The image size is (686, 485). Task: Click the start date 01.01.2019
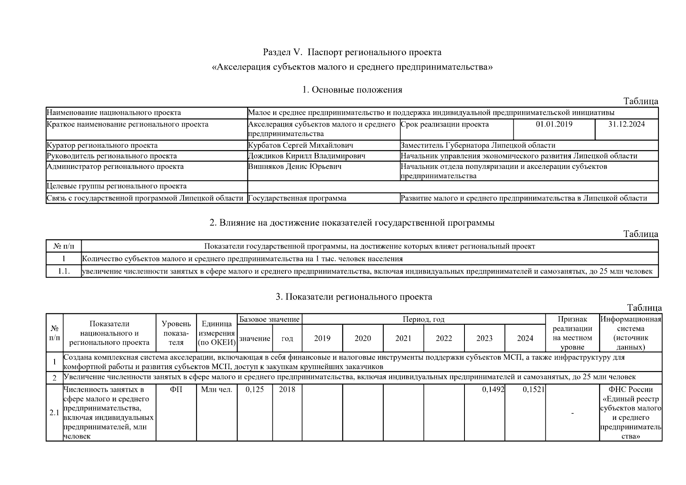(554, 124)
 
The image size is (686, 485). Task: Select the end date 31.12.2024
(626, 124)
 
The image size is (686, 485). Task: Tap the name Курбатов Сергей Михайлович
(300, 145)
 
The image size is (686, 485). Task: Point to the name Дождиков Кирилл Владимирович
(306, 156)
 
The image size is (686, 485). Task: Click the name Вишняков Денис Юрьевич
(294, 167)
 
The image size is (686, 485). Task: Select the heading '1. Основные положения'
(352, 90)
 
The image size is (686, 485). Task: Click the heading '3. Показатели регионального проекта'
(354, 297)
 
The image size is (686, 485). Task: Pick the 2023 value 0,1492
(493, 390)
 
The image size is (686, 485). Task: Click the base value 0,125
(254, 390)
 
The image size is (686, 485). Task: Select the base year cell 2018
(287, 390)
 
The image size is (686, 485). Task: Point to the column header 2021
(403, 339)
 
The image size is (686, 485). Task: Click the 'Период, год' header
(423, 319)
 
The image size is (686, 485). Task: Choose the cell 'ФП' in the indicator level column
(176, 390)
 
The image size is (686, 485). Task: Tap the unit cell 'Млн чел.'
(217, 390)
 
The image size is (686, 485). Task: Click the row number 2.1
(54, 413)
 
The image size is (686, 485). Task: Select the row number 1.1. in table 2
(63, 272)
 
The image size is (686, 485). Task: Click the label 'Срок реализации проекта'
(444, 124)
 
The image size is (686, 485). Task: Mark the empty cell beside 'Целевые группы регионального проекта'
(453, 187)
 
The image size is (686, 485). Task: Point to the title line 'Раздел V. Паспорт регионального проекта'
(352, 53)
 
